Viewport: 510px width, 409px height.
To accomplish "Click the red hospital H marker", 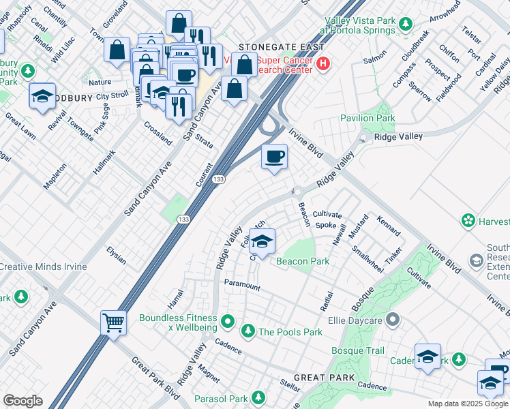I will pyautogui.click(x=323, y=65).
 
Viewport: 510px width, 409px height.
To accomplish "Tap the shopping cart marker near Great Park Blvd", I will pyautogui.click(x=113, y=322).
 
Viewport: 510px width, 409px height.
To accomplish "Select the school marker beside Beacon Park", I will pyautogui.click(x=262, y=241).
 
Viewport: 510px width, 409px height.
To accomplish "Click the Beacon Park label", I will pyautogui.click(x=302, y=261).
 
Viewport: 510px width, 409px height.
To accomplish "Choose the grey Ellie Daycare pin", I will pyautogui.click(x=392, y=319).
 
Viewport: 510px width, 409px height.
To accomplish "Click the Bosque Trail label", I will pyautogui.click(x=358, y=350).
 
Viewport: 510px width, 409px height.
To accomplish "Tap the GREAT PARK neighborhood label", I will pyautogui.click(x=324, y=377).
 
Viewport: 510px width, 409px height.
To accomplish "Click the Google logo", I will pyautogui.click(x=22, y=400).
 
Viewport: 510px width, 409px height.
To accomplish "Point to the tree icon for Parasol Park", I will pyautogui.click(x=258, y=397).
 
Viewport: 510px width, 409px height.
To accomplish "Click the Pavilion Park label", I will pyautogui.click(x=367, y=118).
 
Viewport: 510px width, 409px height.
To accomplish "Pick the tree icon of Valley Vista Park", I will pyautogui.click(x=406, y=25).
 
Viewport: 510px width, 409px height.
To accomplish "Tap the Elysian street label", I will pyautogui.click(x=116, y=255).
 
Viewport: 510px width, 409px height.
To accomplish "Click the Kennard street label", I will pyautogui.click(x=388, y=226).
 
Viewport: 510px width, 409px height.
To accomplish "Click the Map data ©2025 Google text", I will pyautogui.click(x=467, y=404).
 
